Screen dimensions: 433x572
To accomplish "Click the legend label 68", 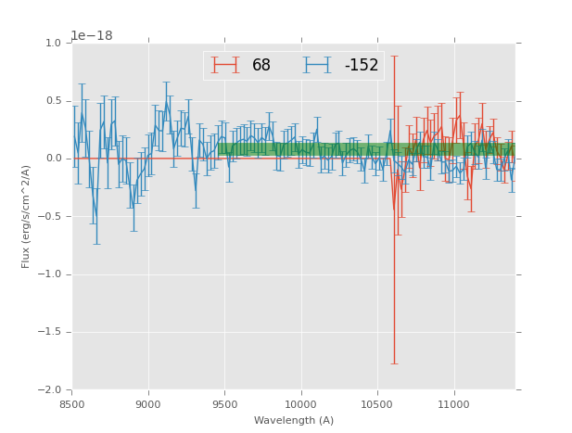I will click(261, 66).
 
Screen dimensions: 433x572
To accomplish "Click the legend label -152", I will click(362, 66).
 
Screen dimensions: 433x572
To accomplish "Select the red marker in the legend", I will click(225, 66).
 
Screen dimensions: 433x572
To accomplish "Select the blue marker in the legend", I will click(318, 66).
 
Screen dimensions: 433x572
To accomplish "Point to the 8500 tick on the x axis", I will click(72, 404).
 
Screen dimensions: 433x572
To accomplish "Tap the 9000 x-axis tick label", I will click(148, 404).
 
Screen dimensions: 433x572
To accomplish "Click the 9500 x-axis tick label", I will click(224, 404).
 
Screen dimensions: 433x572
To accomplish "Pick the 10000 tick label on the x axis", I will click(301, 404).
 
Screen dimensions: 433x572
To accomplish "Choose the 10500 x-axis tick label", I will click(377, 404).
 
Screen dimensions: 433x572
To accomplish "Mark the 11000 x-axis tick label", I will click(454, 404).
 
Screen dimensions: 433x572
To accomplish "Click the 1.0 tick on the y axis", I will click(52, 44).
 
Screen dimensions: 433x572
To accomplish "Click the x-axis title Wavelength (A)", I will click(294, 421).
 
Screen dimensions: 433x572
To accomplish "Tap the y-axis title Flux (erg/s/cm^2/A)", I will click(27, 216).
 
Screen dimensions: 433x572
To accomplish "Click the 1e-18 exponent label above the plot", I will click(92, 36).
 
